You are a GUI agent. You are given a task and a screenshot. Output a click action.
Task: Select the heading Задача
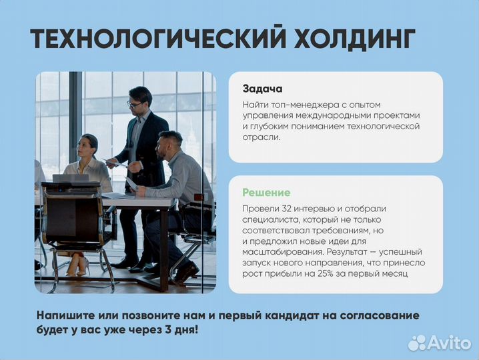pyautogui.click(x=262, y=89)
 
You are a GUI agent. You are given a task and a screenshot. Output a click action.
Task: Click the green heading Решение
pyautogui.click(x=266, y=193)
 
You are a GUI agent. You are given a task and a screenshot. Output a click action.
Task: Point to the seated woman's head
pyautogui.click(x=89, y=145)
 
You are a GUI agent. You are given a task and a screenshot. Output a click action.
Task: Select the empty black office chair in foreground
pyautogui.click(x=73, y=223)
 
